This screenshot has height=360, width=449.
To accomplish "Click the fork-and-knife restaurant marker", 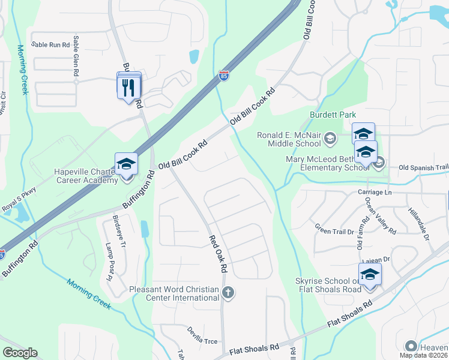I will click(x=129, y=88).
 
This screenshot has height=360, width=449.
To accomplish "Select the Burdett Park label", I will click(x=333, y=115).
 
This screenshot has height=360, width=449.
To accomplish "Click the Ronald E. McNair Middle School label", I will click(x=289, y=139).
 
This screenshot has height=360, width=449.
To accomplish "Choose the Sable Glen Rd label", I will click(x=76, y=55).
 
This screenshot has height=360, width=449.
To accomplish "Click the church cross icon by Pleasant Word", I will click(x=227, y=293).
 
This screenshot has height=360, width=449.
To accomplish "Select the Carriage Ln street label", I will click(x=374, y=193).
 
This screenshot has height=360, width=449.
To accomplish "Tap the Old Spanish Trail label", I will click(x=423, y=167).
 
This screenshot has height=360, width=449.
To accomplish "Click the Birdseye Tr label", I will click(x=119, y=231).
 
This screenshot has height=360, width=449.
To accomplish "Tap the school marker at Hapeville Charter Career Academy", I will click(x=126, y=164).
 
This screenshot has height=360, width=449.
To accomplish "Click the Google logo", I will click(x=20, y=353).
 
